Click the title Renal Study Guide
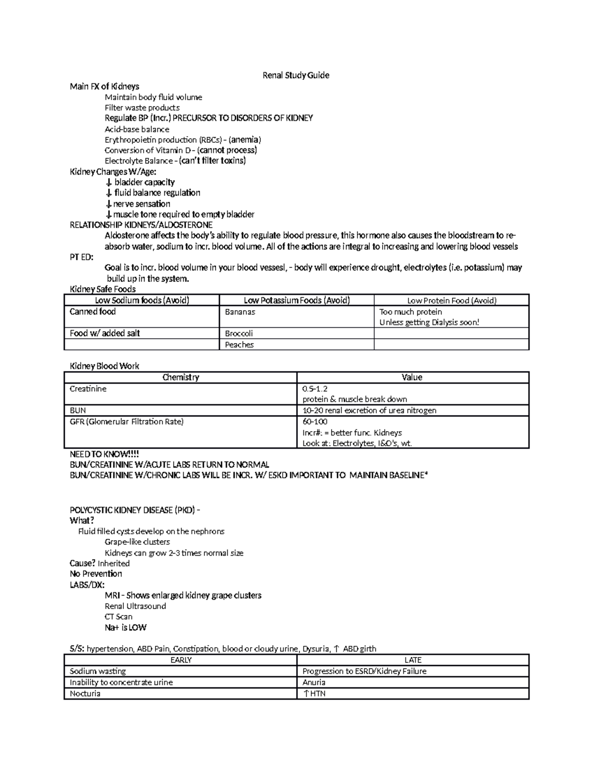[x=296, y=75]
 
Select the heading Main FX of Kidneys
[x=104, y=86]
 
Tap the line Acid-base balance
[x=137, y=129]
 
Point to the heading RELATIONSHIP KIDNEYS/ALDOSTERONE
[x=141, y=225]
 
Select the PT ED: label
[x=82, y=257]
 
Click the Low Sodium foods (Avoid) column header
[x=142, y=300]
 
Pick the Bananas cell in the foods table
[x=240, y=312]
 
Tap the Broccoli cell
[x=239, y=333]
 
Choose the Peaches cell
[x=239, y=345]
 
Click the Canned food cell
[x=93, y=311]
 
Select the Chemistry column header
[x=181, y=377]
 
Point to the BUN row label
[x=78, y=410]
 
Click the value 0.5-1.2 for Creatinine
[x=315, y=389]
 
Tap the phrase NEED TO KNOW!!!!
[x=104, y=454]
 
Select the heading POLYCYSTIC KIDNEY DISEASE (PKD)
[x=135, y=510]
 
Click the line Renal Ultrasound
[x=135, y=606]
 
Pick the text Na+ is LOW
[x=125, y=627]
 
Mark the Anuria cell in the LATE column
[x=314, y=682]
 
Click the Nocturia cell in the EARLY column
[x=85, y=694]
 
